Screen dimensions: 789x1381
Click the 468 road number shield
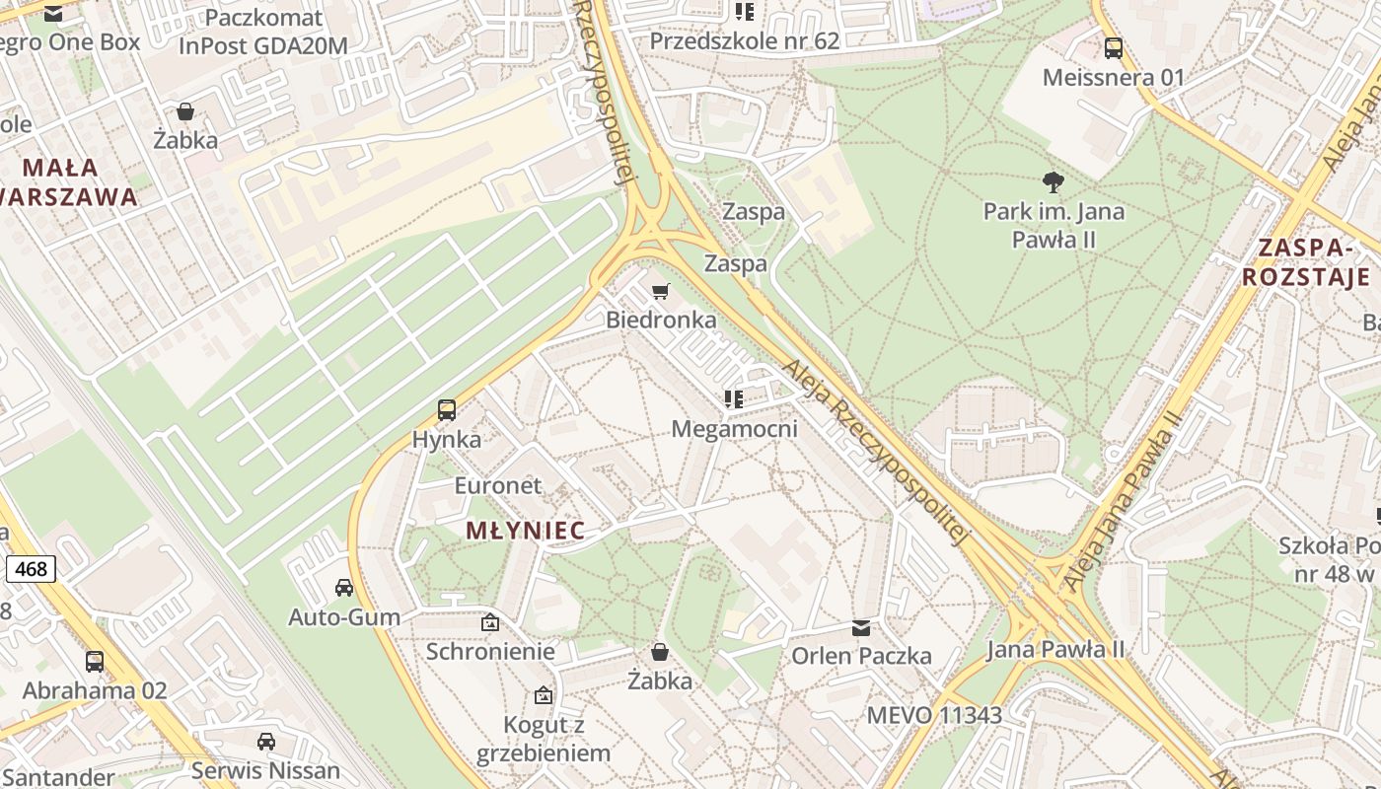pyautogui.click(x=31, y=569)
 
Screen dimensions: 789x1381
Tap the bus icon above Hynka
pyautogui.click(x=446, y=409)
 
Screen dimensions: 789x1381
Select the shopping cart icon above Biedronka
pyautogui.click(x=661, y=291)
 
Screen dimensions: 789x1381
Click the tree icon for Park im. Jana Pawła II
pyautogui.click(x=1054, y=181)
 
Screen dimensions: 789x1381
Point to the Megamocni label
pyautogui.click(x=734, y=429)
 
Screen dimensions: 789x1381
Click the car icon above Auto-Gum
pyautogui.click(x=344, y=588)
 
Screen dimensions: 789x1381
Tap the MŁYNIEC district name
pyautogui.click(x=525, y=531)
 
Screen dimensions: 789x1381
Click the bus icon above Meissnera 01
pyautogui.click(x=1114, y=47)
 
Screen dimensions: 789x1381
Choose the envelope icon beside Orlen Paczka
pyautogui.click(x=861, y=627)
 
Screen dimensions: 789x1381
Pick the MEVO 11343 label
pyautogui.click(x=934, y=715)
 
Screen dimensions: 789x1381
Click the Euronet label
pyautogui.click(x=497, y=485)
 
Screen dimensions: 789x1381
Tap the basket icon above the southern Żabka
pyautogui.click(x=660, y=652)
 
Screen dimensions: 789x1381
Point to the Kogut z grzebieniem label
pyautogui.click(x=544, y=739)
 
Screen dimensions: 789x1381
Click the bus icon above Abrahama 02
pyautogui.click(x=95, y=661)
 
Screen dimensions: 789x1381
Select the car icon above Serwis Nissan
pyautogui.click(x=265, y=741)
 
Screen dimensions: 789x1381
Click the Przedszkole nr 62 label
pyautogui.click(x=744, y=40)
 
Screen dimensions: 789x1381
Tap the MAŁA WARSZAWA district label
pyautogui.click(x=69, y=180)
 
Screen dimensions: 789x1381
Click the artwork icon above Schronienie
pyautogui.click(x=490, y=622)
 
